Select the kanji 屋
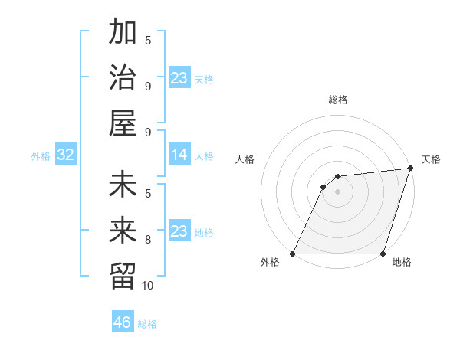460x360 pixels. (123, 123)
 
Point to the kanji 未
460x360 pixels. (123, 186)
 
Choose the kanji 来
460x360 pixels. (123, 231)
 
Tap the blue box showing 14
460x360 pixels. (179, 155)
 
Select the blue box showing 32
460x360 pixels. (66, 155)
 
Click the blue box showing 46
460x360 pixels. (123, 322)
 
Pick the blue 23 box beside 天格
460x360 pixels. (179, 78)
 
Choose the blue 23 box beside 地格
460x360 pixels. (179, 232)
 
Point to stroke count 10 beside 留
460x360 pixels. (148, 286)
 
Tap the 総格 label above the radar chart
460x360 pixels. (338, 100)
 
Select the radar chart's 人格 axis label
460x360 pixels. (245, 159)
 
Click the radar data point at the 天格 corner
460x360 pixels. (411, 169)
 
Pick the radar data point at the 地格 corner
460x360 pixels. (383, 254)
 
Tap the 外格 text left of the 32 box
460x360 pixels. (41, 156)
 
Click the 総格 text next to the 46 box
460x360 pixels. (147, 324)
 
